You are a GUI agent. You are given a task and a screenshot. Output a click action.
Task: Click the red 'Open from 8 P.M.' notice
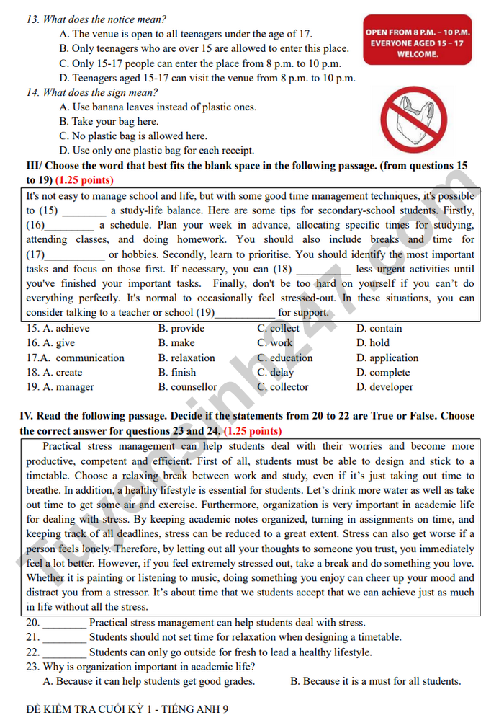[418, 43]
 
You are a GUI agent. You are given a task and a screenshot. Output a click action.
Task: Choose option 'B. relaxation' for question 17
[186, 358]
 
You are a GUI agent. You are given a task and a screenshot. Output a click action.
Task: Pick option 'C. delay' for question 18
[276, 373]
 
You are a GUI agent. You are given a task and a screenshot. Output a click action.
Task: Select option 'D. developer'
[384, 387]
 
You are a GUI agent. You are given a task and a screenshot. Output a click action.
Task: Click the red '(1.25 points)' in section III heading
[84, 180]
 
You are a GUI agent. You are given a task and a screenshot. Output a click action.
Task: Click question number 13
[32, 19]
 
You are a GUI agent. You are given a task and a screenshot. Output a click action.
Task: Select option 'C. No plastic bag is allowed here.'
[133, 136]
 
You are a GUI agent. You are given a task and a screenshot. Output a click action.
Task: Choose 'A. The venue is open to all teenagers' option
[186, 34]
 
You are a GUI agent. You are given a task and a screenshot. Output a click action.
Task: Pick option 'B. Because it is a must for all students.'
[375, 681]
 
